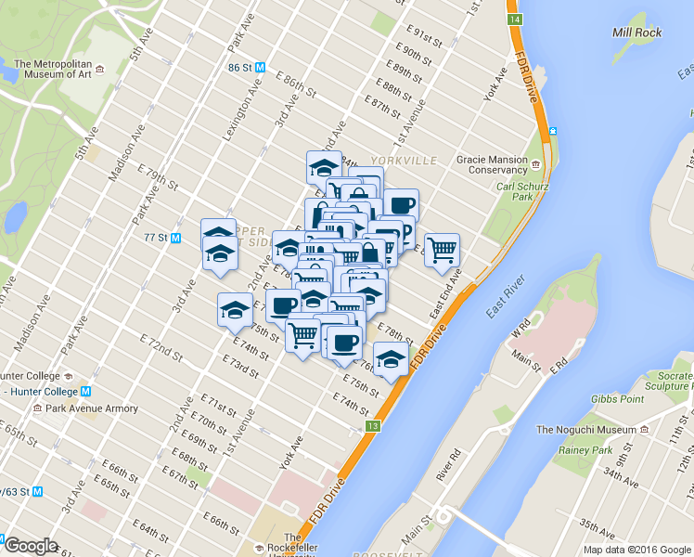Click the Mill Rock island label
pyautogui.click(x=636, y=32)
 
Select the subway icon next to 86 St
pyautogui.click(x=261, y=67)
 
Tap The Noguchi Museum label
pyautogui.click(x=586, y=430)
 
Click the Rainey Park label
pyautogui.click(x=585, y=450)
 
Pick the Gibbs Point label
pyautogui.click(x=617, y=399)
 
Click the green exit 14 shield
pyautogui.click(x=515, y=19)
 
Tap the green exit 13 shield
pyautogui.click(x=373, y=426)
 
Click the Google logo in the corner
pyautogui.click(x=31, y=546)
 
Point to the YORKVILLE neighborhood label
pyautogui.click(x=404, y=161)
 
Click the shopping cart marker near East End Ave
pyautogui.click(x=443, y=249)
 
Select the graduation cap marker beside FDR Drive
pyautogui.click(x=391, y=359)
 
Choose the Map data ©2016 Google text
pyautogui.click(x=636, y=550)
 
